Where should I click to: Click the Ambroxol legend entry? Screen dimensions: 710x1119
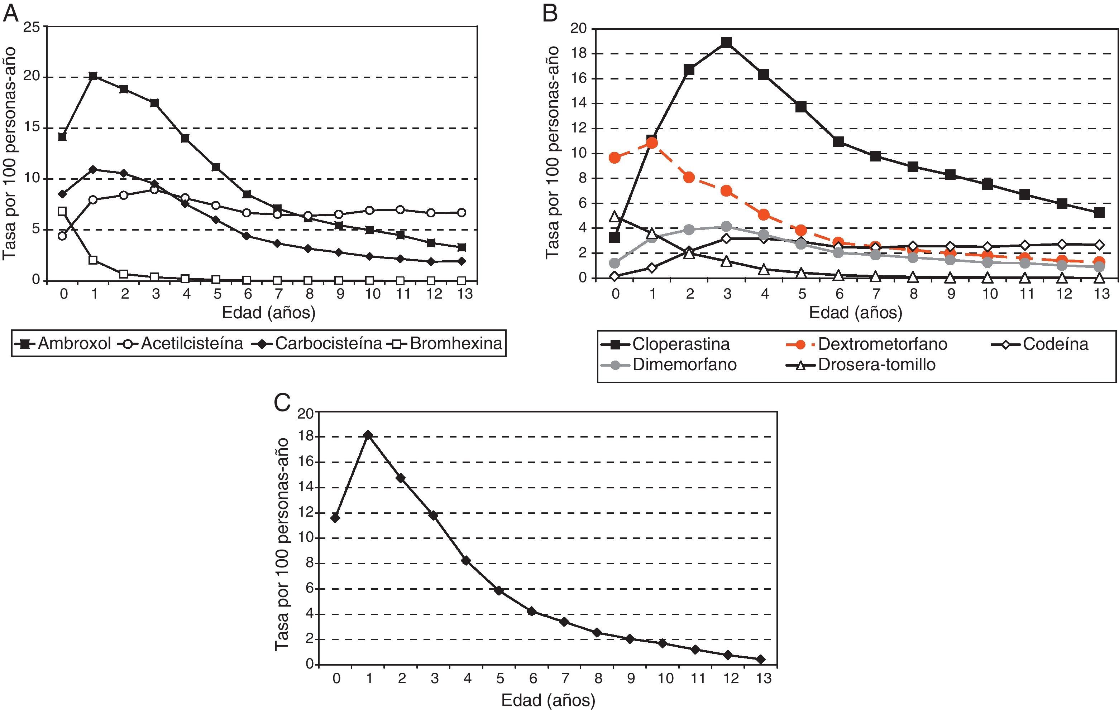tap(63, 344)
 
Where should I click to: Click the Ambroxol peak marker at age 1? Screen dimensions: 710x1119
tap(94, 76)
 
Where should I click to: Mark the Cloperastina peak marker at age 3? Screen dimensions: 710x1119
tap(726, 43)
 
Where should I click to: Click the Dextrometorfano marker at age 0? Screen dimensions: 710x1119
tap(615, 158)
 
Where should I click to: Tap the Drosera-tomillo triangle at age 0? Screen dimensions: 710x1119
tap(615, 216)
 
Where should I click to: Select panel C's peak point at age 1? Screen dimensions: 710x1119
tap(368, 435)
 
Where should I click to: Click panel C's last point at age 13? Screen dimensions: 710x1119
tap(761, 659)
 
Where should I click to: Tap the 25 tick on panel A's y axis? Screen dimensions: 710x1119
tap(32, 26)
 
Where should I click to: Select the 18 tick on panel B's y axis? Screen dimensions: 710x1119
tap(579, 54)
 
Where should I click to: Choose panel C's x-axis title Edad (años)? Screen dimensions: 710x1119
tap(548, 700)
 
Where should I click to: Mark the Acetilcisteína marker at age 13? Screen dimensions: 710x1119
tap(462, 213)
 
